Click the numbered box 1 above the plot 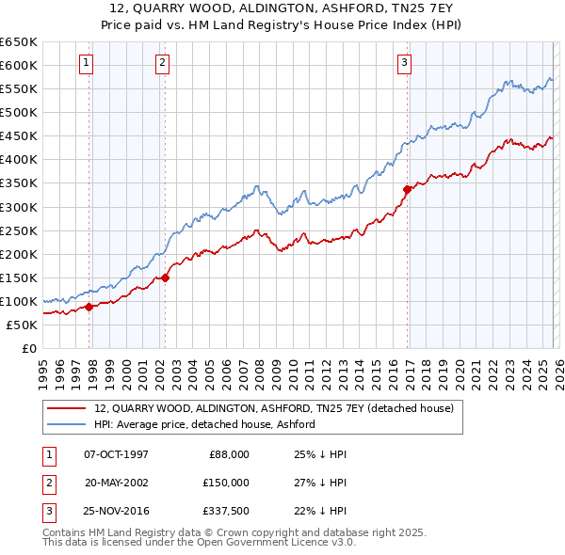[x=86, y=63]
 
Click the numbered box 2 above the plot [x=162, y=63]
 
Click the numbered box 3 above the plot [x=404, y=63]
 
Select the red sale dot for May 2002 [x=165, y=277]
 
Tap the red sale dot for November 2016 [x=408, y=189]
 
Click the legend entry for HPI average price [x=203, y=424]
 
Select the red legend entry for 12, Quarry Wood [x=273, y=408]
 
